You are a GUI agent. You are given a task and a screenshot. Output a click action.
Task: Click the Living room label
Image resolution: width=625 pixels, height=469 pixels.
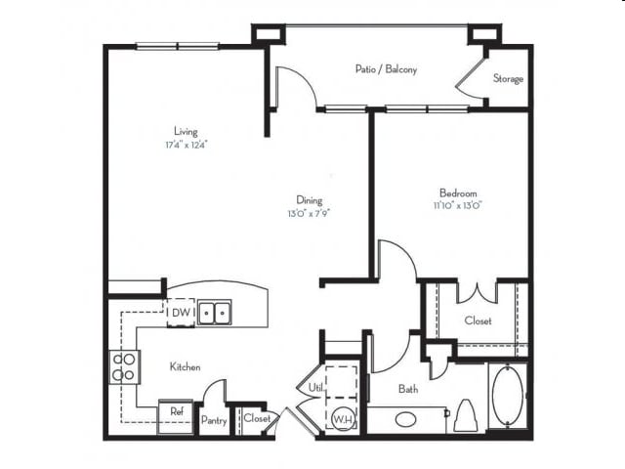(186, 131)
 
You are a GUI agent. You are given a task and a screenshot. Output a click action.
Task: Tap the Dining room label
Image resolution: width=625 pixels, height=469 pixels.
(310, 200)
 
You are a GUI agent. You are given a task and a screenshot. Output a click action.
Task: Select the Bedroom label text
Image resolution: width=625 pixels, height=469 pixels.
(457, 192)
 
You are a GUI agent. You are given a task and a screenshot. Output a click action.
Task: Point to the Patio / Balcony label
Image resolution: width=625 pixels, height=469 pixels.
(387, 69)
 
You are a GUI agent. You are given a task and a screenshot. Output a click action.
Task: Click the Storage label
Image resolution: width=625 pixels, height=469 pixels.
(508, 78)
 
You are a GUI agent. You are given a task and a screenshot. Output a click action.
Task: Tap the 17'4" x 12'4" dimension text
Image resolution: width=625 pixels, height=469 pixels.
(186, 145)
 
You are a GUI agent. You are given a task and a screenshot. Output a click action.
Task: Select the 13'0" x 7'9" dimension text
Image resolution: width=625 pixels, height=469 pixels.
(310, 213)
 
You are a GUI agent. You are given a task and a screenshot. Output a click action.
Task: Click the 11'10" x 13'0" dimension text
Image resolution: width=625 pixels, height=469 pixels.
(458, 205)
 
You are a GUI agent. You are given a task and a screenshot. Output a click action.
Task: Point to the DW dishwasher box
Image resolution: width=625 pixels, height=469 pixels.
(181, 313)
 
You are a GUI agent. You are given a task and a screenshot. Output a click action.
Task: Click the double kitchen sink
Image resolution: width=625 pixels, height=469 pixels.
(214, 313)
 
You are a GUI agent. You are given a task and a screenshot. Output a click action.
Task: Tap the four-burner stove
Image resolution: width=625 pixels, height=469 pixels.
(123, 366)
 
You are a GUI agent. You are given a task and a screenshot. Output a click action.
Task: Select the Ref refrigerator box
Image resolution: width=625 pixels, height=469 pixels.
(177, 413)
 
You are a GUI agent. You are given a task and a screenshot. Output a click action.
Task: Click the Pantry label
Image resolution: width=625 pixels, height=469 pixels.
(214, 419)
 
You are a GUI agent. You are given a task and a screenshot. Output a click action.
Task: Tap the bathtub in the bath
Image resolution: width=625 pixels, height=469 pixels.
(508, 396)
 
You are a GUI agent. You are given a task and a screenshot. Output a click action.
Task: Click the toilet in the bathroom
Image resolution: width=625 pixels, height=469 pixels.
(466, 414)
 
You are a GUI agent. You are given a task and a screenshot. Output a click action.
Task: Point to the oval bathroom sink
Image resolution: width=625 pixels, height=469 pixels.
(406, 421)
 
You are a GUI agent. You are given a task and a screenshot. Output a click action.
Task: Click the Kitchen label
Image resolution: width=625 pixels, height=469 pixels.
(186, 367)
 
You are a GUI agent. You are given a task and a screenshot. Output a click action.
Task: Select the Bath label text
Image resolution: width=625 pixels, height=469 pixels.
(408, 389)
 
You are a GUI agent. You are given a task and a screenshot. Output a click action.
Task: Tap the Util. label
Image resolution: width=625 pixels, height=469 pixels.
(316, 388)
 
